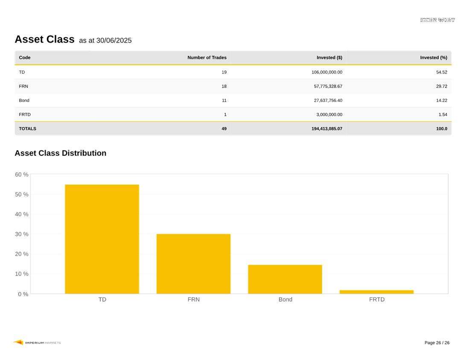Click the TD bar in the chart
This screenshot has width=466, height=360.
(102, 239)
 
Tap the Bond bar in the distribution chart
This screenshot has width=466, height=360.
(285, 279)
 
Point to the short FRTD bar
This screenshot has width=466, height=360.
(376, 292)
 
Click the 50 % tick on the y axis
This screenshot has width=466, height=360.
(22, 195)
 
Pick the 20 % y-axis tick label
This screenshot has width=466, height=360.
(22, 254)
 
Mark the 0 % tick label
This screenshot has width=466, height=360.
(23, 294)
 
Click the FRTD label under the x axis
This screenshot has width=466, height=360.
(377, 299)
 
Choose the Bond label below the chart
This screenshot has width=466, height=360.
(285, 299)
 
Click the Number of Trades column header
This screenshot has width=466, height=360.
(207, 58)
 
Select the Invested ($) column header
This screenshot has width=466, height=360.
(329, 58)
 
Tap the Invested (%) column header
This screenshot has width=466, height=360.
(434, 58)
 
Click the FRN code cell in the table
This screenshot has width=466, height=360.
(23, 86)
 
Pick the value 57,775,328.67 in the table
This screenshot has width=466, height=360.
(328, 86)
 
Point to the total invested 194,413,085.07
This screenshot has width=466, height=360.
(326, 128)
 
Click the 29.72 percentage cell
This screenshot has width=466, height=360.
(442, 86)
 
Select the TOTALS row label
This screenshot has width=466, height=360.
(28, 128)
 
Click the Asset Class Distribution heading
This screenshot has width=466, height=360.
(60, 153)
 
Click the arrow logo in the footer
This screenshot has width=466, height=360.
(18, 342)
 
